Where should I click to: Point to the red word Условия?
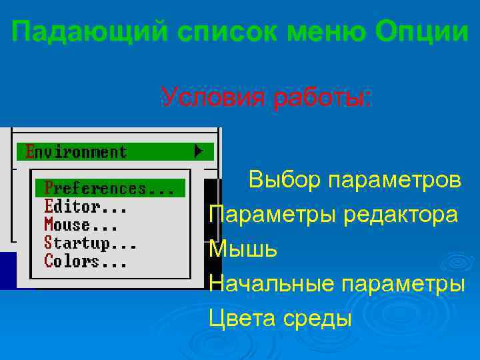click(211, 98)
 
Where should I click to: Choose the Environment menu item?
click(75, 152)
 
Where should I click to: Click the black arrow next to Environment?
click(199, 151)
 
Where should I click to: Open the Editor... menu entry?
click(85, 207)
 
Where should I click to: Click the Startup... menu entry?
click(90, 243)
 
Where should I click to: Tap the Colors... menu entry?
click(85, 261)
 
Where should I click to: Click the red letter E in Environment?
click(29, 152)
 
